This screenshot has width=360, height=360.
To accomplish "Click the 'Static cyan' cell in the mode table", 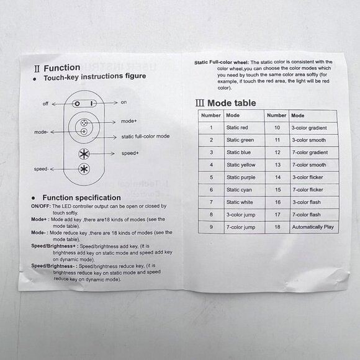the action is pos(239,190).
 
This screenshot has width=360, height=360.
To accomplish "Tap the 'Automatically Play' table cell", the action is pos(313,227).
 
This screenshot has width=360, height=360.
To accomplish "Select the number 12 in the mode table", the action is pos(277,153).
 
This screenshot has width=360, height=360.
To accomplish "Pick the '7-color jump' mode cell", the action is pos(241,227).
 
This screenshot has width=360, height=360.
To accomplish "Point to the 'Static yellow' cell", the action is pos(241,165).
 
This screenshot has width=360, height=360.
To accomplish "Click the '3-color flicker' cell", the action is pos(308,178).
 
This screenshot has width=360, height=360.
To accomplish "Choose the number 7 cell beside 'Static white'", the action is pos(211,202).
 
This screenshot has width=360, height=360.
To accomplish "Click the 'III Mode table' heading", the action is pos(226,103).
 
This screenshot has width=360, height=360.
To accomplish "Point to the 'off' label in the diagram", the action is pos(45,104).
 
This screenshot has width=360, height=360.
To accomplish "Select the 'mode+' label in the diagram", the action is pos(128,121).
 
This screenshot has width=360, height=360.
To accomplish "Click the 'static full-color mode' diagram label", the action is pos(145,137).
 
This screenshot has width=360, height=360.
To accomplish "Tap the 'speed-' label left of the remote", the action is pos(42,169).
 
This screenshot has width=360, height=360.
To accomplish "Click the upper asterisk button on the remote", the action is pos(84,154).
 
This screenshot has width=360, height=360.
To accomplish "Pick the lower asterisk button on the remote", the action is pos(84,169).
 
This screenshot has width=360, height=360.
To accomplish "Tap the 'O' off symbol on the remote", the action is pos(78,104).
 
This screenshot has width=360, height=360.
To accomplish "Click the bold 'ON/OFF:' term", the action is pos(41,206).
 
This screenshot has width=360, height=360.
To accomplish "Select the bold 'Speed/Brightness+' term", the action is pos(55,246).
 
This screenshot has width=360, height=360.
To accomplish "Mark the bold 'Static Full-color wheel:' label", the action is pos(222,63).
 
